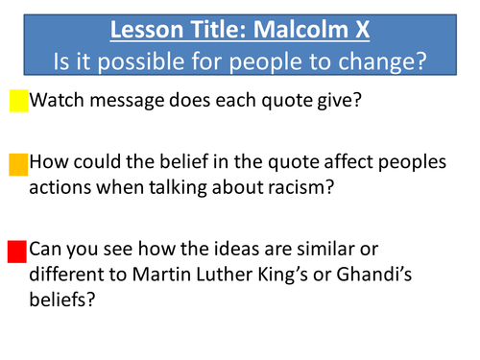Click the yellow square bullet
pos(18,100)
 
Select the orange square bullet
pos(18,164)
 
